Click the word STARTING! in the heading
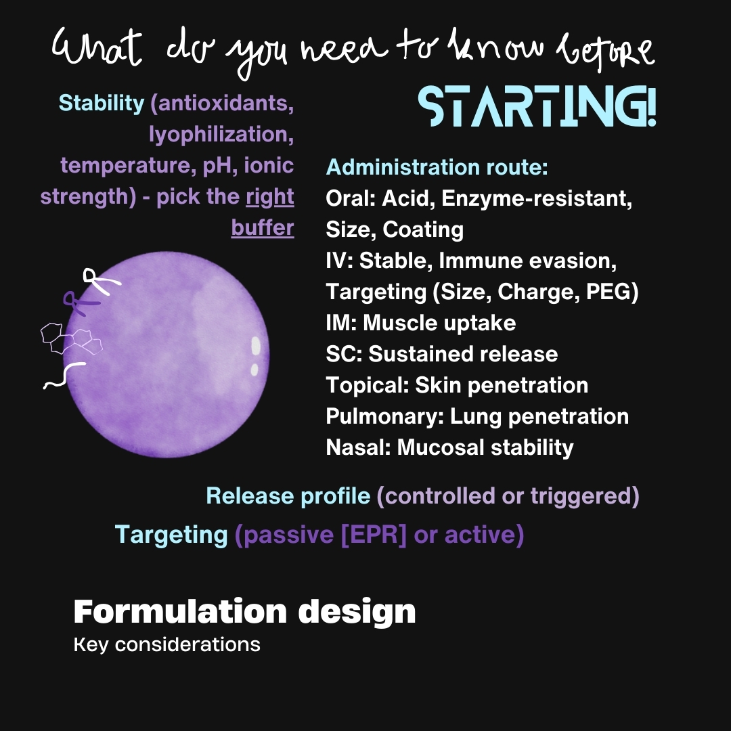point(537,107)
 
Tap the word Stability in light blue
point(102,103)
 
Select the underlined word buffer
point(263,228)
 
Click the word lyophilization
point(221,135)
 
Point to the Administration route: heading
point(437,167)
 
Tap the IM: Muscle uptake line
point(420,323)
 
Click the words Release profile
point(288,496)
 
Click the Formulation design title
point(244,611)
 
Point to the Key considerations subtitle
point(167,644)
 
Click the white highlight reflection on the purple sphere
point(256,346)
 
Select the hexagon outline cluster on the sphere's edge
point(71,337)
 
